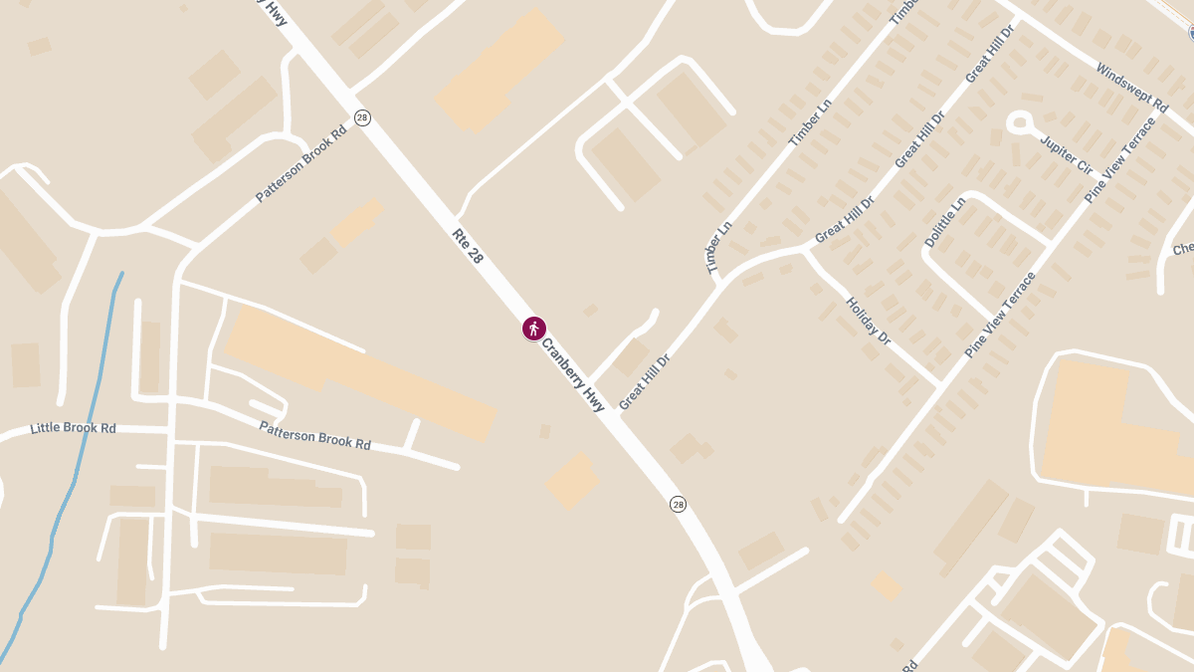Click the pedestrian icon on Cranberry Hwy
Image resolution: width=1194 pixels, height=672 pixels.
coord(534,329)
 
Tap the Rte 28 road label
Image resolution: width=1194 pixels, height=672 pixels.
coord(468,246)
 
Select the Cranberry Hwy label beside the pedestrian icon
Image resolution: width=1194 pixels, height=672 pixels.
coord(572,374)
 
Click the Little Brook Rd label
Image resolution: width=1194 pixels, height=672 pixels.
coord(73,428)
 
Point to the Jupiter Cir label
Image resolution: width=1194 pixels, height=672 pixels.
coord(1066,154)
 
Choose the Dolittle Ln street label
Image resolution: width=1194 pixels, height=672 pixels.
coord(944,222)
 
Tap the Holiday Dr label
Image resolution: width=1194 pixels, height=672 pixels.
coord(868,322)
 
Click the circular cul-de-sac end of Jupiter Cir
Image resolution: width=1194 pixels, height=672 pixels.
coord(1019,123)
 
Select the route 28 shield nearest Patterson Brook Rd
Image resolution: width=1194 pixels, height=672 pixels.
coord(362,117)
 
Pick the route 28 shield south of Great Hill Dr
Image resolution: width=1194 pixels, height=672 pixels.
coord(678,505)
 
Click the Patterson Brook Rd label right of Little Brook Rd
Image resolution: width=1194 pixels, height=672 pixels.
coord(314,435)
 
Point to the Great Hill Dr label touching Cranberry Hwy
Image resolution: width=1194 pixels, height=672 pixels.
coord(645,381)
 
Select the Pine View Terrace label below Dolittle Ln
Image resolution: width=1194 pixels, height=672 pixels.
coord(1000,315)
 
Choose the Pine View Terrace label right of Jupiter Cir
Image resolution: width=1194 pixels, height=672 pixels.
coord(1120,160)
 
